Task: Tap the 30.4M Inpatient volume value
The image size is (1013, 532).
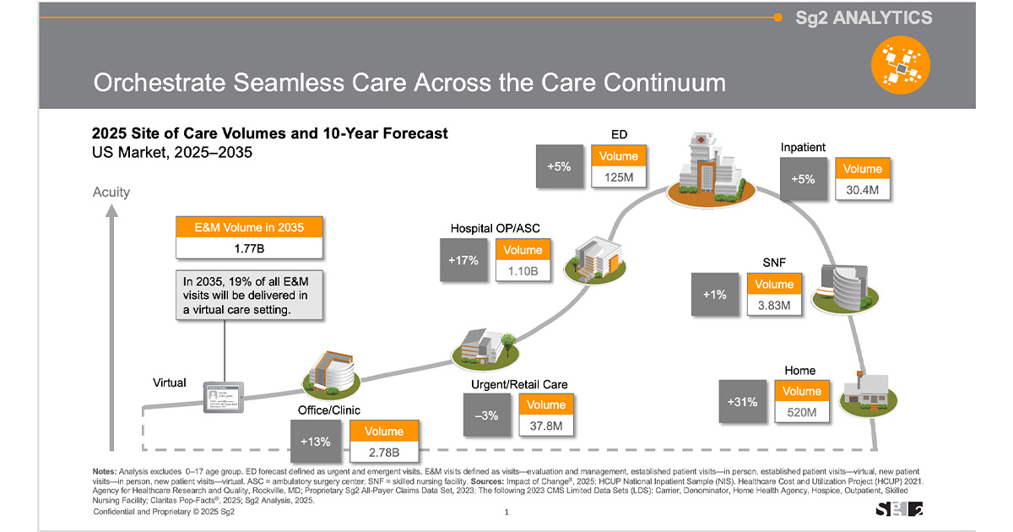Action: point(862,190)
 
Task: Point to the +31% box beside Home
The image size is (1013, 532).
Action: point(742,402)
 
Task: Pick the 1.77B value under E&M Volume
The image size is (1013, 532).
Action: point(249,248)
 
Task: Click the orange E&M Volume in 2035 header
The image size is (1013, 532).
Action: point(249,226)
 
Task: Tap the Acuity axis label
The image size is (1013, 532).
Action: point(111,192)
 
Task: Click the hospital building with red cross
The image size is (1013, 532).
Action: point(706,167)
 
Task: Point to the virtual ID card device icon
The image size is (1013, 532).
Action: point(224,397)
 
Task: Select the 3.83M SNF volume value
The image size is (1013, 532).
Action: point(773,306)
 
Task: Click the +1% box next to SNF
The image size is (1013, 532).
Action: point(714,295)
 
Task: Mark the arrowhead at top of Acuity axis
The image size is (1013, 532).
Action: point(111,211)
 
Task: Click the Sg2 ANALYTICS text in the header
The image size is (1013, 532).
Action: point(864,18)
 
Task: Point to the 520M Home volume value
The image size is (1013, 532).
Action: point(800,412)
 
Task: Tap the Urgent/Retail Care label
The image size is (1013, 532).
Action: point(519,384)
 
